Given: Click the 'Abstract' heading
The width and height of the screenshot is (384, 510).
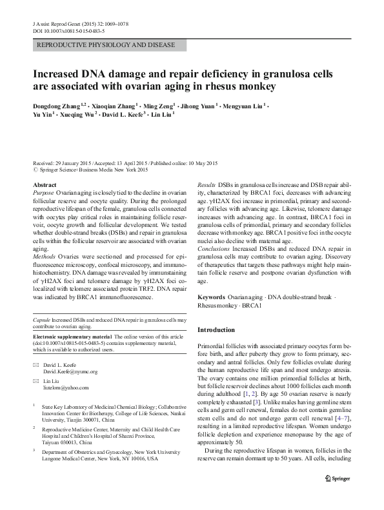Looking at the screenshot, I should coord(44,185).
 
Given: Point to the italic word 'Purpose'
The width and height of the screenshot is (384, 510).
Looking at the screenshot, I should coord(43,193).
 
